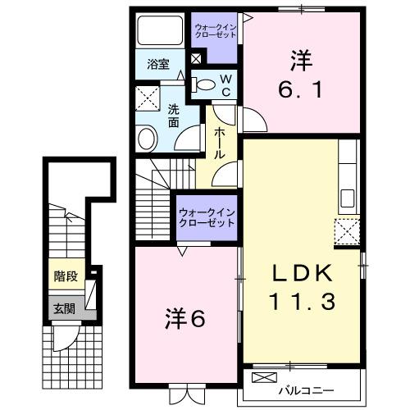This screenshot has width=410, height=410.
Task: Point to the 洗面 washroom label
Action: click(175, 116)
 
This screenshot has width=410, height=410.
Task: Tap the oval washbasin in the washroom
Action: click(148, 138)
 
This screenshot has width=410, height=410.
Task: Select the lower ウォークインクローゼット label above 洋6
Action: click(207, 218)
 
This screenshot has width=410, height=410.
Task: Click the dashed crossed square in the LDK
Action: click(347, 233)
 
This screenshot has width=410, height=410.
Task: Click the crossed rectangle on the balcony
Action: click(266, 378)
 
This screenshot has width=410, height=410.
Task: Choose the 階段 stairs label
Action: click(66, 276)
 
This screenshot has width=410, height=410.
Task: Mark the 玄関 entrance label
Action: click(64, 308)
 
